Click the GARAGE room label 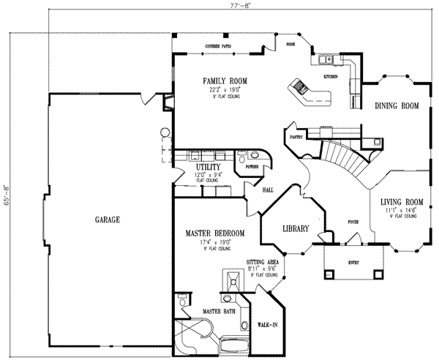pos(107,220)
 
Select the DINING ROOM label pos(397,106)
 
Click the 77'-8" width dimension pos(220,5)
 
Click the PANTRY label pos(296,137)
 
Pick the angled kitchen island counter pos(309,91)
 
